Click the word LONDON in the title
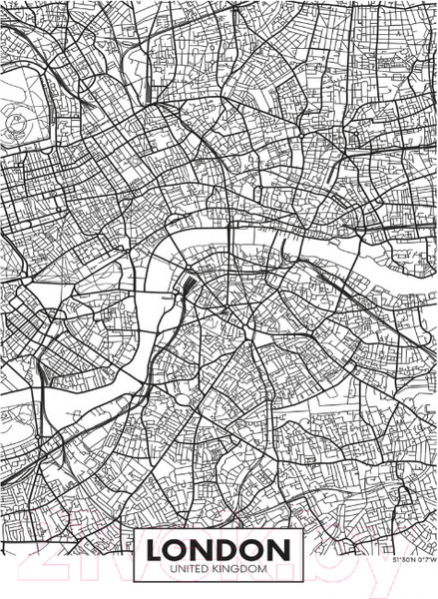[x=219, y=549]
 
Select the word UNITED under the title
[x=193, y=568]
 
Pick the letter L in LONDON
[x=157, y=549]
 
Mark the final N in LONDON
[x=282, y=549]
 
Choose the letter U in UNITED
[x=173, y=568]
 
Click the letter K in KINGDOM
[x=219, y=568]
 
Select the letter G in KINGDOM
[x=236, y=568]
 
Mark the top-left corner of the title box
[x=137, y=534]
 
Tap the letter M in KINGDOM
[x=263, y=568]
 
